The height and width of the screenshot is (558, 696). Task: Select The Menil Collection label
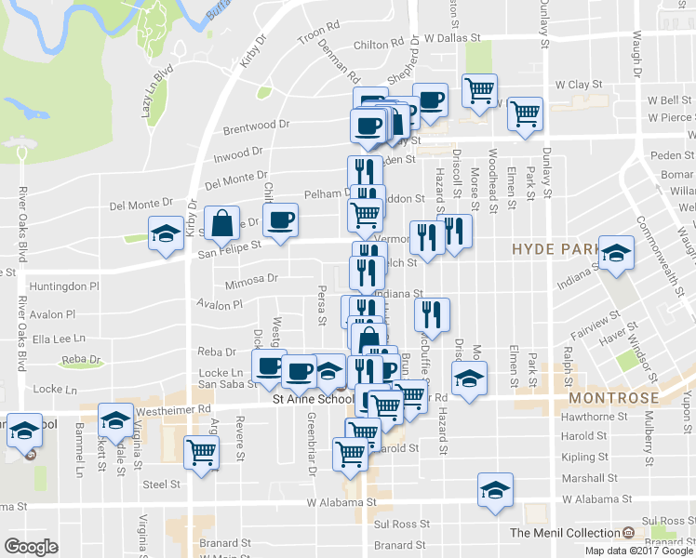click(565, 533)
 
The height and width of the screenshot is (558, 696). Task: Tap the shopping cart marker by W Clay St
click(479, 91)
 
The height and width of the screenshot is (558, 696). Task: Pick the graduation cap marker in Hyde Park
click(615, 253)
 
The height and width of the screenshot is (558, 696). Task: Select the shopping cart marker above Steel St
click(202, 453)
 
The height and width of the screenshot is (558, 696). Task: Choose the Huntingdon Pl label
click(63, 286)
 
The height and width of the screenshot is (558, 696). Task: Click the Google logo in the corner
click(31, 547)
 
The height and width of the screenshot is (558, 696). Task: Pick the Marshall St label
click(584, 478)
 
